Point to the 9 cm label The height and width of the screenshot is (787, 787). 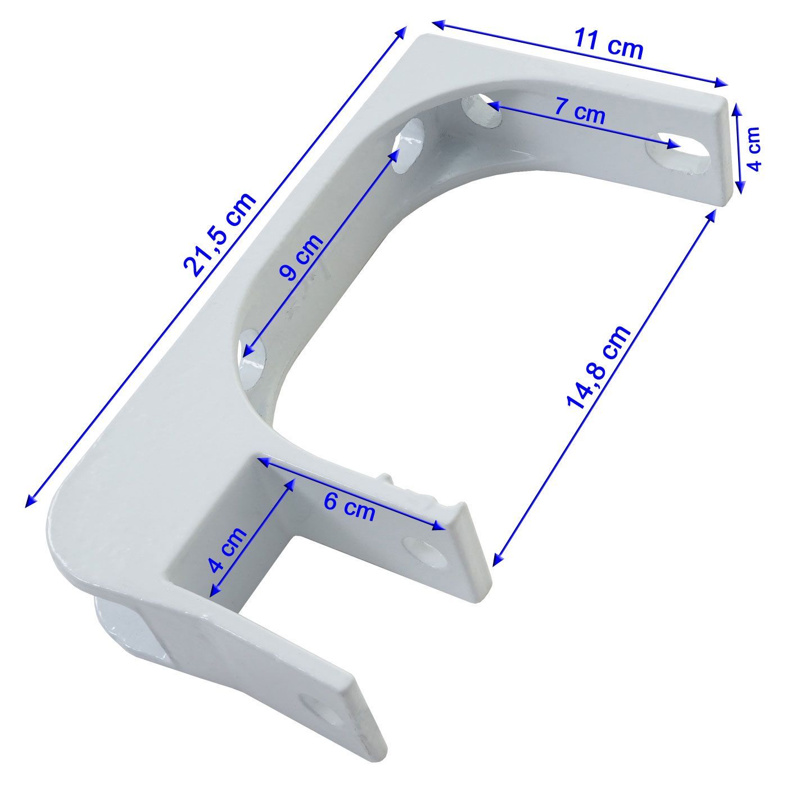tap(301, 257)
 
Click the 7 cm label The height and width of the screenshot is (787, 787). tap(580, 111)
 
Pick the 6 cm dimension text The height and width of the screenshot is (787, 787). tap(349, 506)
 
